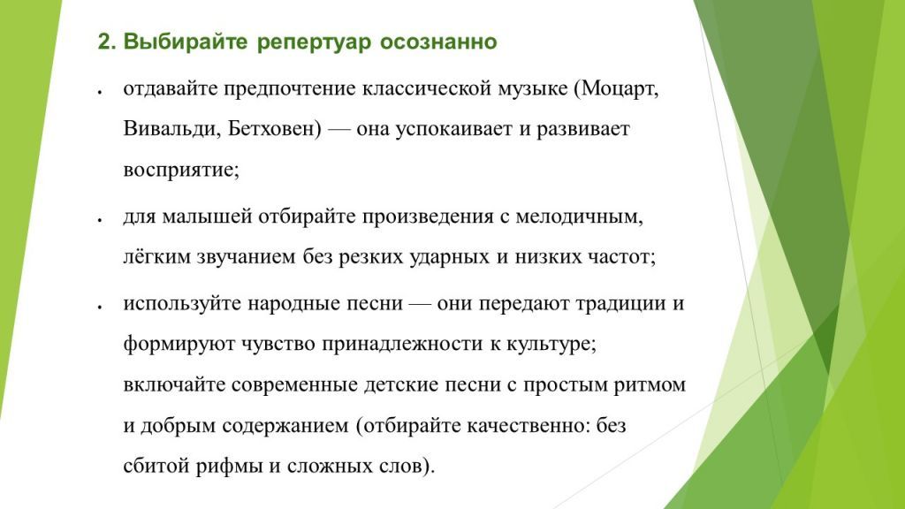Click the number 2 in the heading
point(103,42)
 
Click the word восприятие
point(179,170)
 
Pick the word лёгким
point(153,257)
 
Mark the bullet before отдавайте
point(103,92)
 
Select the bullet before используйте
point(103,306)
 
